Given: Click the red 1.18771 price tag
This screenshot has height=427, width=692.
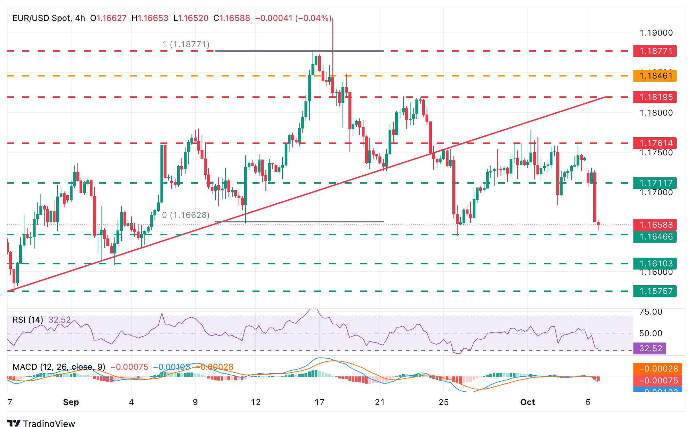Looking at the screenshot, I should (x=655, y=51).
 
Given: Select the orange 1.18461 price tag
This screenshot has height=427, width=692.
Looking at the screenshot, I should (x=655, y=76).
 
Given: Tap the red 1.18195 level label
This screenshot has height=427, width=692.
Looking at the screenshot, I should (x=655, y=97).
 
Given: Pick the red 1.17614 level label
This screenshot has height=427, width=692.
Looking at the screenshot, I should (x=655, y=143).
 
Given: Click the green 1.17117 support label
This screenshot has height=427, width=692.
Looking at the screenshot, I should (x=655, y=183).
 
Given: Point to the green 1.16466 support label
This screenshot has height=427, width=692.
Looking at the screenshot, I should (x=655, y=237).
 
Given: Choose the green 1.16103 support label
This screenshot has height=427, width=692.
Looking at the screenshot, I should (x=655, y=264).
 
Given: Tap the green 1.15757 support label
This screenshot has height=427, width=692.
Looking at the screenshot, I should (x=655, y=291).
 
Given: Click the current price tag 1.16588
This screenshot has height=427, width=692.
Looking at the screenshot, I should (x=655, y=225).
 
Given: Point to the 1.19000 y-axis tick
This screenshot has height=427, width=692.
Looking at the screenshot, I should (x=656, y=33).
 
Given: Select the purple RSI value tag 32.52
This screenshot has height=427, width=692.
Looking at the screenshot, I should (x=650, y=348).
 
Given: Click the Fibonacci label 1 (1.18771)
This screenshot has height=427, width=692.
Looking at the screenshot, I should (x=186, y=44).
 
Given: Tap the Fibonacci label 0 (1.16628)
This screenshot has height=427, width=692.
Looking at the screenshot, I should (x=186, y=215).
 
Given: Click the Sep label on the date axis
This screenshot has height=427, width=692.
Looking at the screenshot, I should (x=71, y=402).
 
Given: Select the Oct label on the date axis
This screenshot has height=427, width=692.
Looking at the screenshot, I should (x=527, y=402).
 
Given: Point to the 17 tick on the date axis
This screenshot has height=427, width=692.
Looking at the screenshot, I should (x=319, y=402).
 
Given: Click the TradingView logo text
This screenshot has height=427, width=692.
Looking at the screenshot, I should (x=49, y=423).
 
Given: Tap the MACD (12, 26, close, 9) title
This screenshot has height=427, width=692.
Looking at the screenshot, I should (x=59, y=367).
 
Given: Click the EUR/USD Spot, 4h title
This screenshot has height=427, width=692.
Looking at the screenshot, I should (x=49, y=18).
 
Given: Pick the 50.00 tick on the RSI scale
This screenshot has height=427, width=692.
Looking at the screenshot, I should (x=650, y=333).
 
